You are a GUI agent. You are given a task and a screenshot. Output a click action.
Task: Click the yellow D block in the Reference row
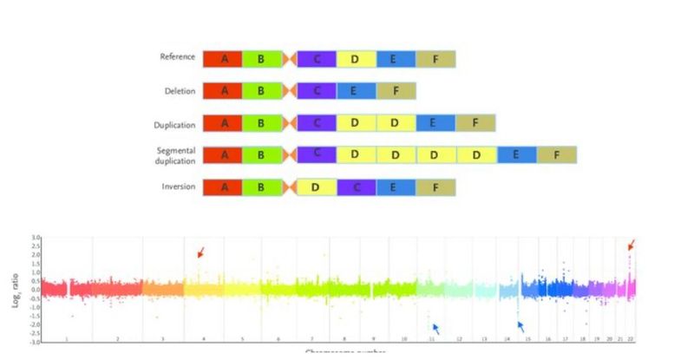point(357,59)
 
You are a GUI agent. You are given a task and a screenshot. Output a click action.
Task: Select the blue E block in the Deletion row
point(357,90)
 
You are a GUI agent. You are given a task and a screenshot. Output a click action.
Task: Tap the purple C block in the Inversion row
point(357,187)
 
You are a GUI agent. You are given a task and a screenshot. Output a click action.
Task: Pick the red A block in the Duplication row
point(224,122)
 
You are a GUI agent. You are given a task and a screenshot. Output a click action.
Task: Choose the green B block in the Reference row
point(260,59)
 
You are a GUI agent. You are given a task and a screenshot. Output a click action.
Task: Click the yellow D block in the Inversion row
point(317,187)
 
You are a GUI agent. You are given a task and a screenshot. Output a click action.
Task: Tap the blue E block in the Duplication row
point(435,122)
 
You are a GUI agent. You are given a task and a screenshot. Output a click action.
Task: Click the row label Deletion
point(180,91)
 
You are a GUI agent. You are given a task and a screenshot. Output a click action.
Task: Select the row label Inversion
point(179,186)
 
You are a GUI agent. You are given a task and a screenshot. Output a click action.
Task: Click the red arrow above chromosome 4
point(200,252)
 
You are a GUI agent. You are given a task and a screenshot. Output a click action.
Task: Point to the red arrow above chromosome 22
point(631,245)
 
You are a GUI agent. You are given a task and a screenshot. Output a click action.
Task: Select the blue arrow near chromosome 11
point(435,328)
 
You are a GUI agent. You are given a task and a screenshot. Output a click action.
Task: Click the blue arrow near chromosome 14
point(521,326)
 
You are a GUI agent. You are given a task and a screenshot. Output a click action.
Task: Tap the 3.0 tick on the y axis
point(36,237)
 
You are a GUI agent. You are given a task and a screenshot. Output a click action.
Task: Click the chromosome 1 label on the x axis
point(66,339)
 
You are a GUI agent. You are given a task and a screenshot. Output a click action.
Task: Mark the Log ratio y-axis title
point(15,289)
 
